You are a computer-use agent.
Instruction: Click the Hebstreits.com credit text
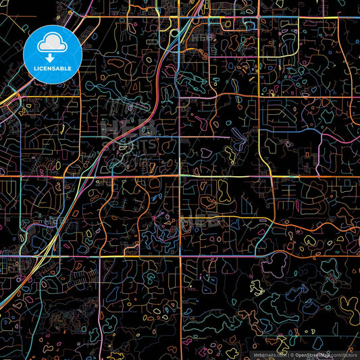tap(269, 354)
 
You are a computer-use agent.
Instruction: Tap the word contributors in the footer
tap(344, 354)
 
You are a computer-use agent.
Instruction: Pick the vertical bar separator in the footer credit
tap(287, 354)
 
